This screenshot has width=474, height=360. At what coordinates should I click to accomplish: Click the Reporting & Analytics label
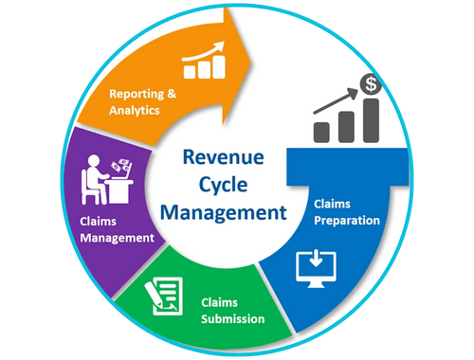143,101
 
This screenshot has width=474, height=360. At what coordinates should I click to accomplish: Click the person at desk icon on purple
106,178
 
